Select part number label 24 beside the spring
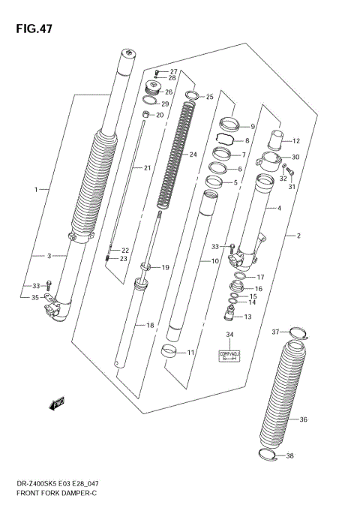(193, 155)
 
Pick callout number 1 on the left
(35, 190)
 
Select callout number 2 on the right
(298, 236)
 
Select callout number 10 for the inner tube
(214, 261)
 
